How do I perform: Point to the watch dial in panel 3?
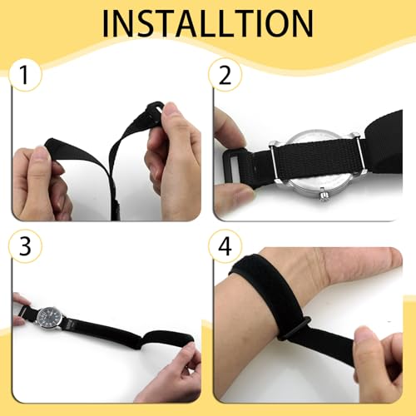50,317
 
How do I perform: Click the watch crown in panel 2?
324,196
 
